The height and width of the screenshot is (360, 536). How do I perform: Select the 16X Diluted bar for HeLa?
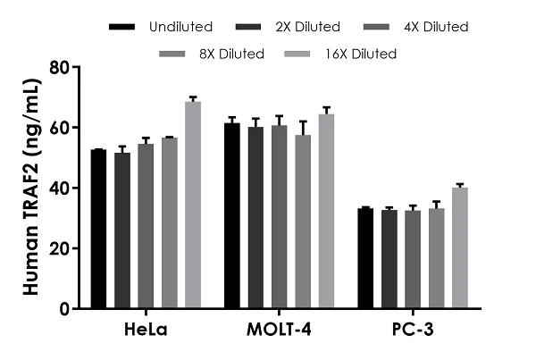(193, 205)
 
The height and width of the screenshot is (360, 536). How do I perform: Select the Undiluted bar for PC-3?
(365, 258)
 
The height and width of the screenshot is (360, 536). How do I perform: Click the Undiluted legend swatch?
(122, 27)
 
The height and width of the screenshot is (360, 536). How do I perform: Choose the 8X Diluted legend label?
(233, 54)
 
